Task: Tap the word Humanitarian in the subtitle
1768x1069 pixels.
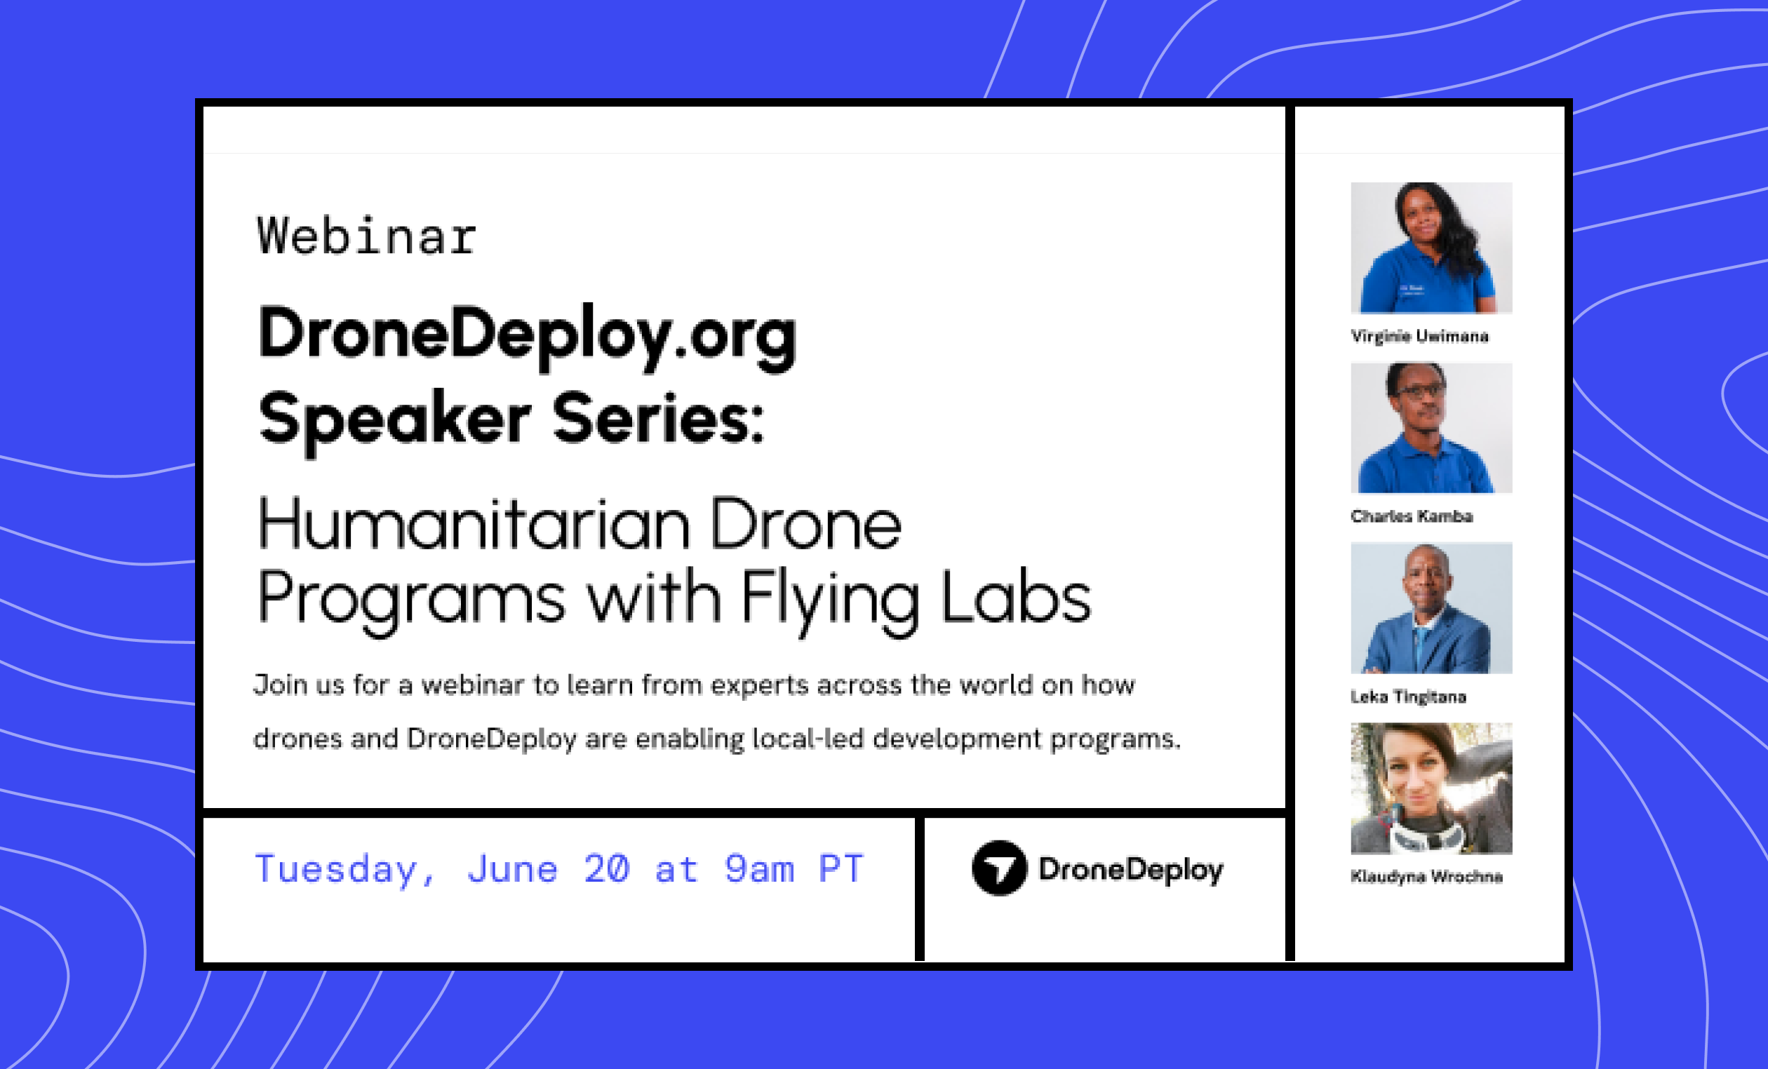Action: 473,525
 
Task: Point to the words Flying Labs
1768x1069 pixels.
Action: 916,598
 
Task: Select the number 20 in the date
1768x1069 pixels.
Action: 606,869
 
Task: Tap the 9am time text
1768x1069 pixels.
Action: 758,869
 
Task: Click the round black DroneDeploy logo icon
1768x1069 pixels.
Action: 999,868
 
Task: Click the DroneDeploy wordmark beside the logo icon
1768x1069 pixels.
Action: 1130,870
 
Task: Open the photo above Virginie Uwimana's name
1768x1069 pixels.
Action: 1431,248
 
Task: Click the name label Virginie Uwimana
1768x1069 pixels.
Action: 1419,336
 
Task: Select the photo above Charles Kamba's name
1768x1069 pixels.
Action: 1431,428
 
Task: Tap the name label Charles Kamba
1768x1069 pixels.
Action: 1412,516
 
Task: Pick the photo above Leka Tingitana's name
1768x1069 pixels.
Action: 1431,607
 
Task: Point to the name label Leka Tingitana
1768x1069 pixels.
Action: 1408,697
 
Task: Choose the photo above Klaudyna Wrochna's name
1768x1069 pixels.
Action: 1431,788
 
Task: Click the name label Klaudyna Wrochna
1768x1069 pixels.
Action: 1426,876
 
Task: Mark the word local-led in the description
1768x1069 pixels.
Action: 808,739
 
